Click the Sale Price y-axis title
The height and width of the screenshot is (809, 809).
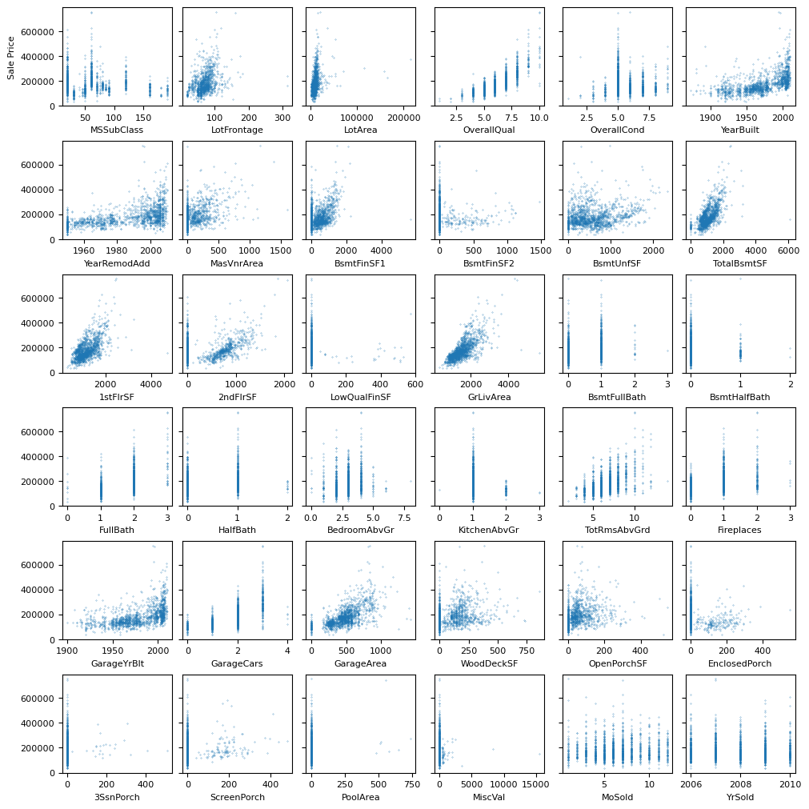[11, 57]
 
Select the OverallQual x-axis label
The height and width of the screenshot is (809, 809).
[489, 130]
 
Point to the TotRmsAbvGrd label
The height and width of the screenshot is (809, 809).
[617, 531]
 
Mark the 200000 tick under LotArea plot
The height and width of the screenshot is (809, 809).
[404, 118]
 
